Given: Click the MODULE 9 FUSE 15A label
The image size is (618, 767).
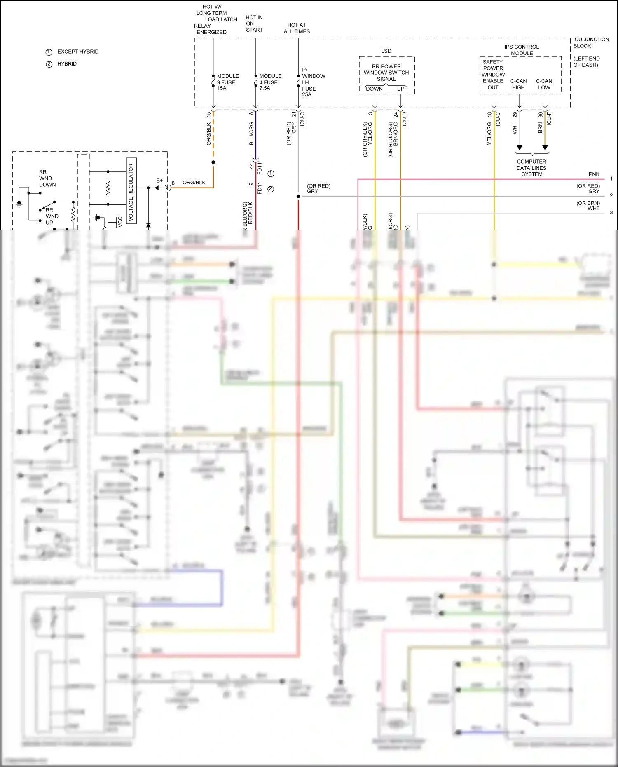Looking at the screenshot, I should (227, 82).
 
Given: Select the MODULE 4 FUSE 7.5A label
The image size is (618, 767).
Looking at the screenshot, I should (270, 82).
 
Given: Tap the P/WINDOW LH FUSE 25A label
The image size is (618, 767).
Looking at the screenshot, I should (313, 82).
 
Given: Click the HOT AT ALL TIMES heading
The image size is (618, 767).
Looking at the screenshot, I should (297, 28).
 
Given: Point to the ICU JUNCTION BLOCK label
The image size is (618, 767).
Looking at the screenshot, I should (591, 42).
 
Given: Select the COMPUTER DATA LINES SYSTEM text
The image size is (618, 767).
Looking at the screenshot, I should (531, 168).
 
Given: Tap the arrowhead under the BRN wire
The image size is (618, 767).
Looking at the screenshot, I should (545, 148).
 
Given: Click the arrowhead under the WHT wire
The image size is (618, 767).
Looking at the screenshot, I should (520, 148).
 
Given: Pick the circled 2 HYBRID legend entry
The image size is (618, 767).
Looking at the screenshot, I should (62, 64).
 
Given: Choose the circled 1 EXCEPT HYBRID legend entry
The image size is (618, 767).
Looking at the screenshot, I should (72, 52).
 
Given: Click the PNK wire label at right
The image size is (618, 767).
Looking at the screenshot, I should (594, 174).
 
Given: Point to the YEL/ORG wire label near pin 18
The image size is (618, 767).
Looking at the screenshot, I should (489, 134).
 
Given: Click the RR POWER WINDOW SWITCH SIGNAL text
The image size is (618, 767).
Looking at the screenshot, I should (386, 73).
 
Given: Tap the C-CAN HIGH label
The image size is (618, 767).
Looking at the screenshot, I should (518, 84).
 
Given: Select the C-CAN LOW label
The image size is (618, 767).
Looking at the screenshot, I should (544, 84).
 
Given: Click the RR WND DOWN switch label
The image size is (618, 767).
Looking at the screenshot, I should (47, 178).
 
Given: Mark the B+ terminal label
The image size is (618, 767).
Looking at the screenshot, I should (159, 181).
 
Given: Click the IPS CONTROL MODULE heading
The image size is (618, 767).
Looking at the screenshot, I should (522, 50).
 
